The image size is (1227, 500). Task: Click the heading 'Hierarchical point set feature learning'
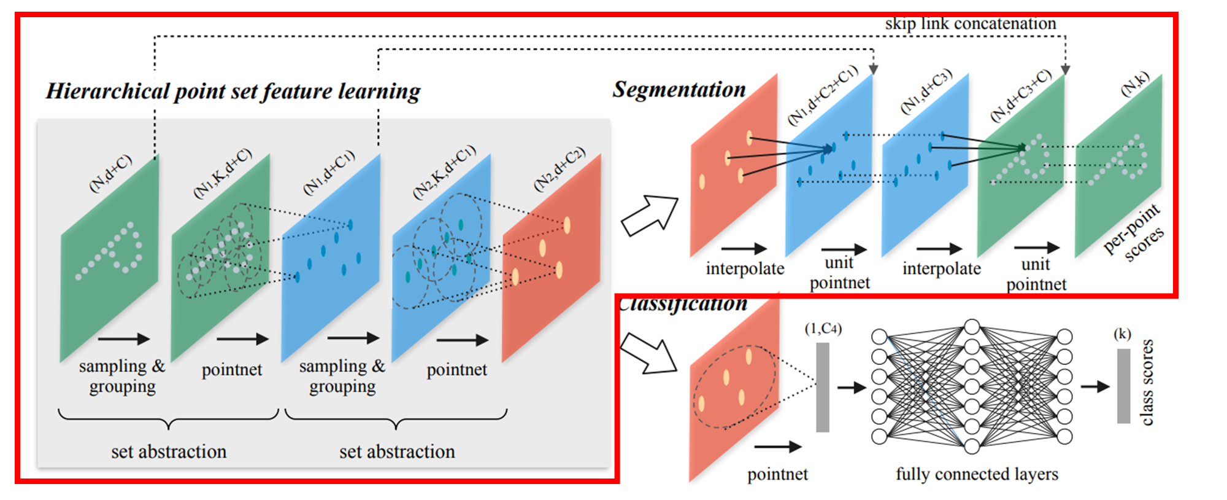[x=233, y=92]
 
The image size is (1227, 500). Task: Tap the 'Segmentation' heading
[x=679, y=90]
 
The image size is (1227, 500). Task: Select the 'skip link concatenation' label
[x=970, y=24]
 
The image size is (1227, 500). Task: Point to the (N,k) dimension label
[x=1134, y=85]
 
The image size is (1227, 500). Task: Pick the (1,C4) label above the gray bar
[x=823, y=329]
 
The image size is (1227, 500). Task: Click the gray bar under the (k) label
[x=1123, y=386]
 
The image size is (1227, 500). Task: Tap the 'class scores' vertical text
[x=1147, y=382]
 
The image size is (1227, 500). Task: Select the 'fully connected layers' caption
[x=977, y=474]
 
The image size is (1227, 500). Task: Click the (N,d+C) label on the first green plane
[x=110, y=174]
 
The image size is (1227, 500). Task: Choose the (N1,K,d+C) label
[x=223, y=173]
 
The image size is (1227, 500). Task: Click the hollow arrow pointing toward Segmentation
[x=649, y=215]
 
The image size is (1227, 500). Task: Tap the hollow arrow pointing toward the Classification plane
[x=648, y=353]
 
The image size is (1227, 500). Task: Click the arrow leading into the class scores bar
[x=1095, y=386]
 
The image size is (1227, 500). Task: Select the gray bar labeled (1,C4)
[x=823, y=387]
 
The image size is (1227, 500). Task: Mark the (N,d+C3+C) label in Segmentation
[x=1021, y=95]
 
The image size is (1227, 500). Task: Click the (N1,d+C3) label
[x=926, y=91]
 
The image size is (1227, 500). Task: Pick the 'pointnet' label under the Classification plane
[x=777, y=474]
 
